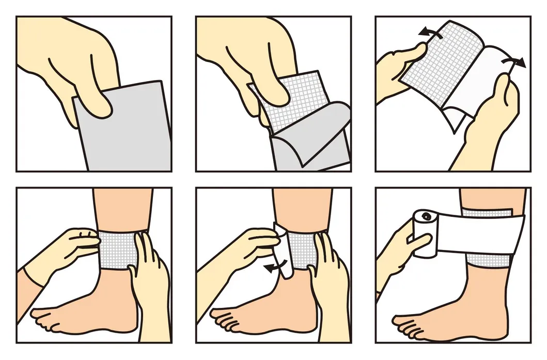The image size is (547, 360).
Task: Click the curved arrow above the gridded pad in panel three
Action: click(430, 33)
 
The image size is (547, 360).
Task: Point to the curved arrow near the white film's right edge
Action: click(513, 62)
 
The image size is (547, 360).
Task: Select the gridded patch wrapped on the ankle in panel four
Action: click(116, 249)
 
